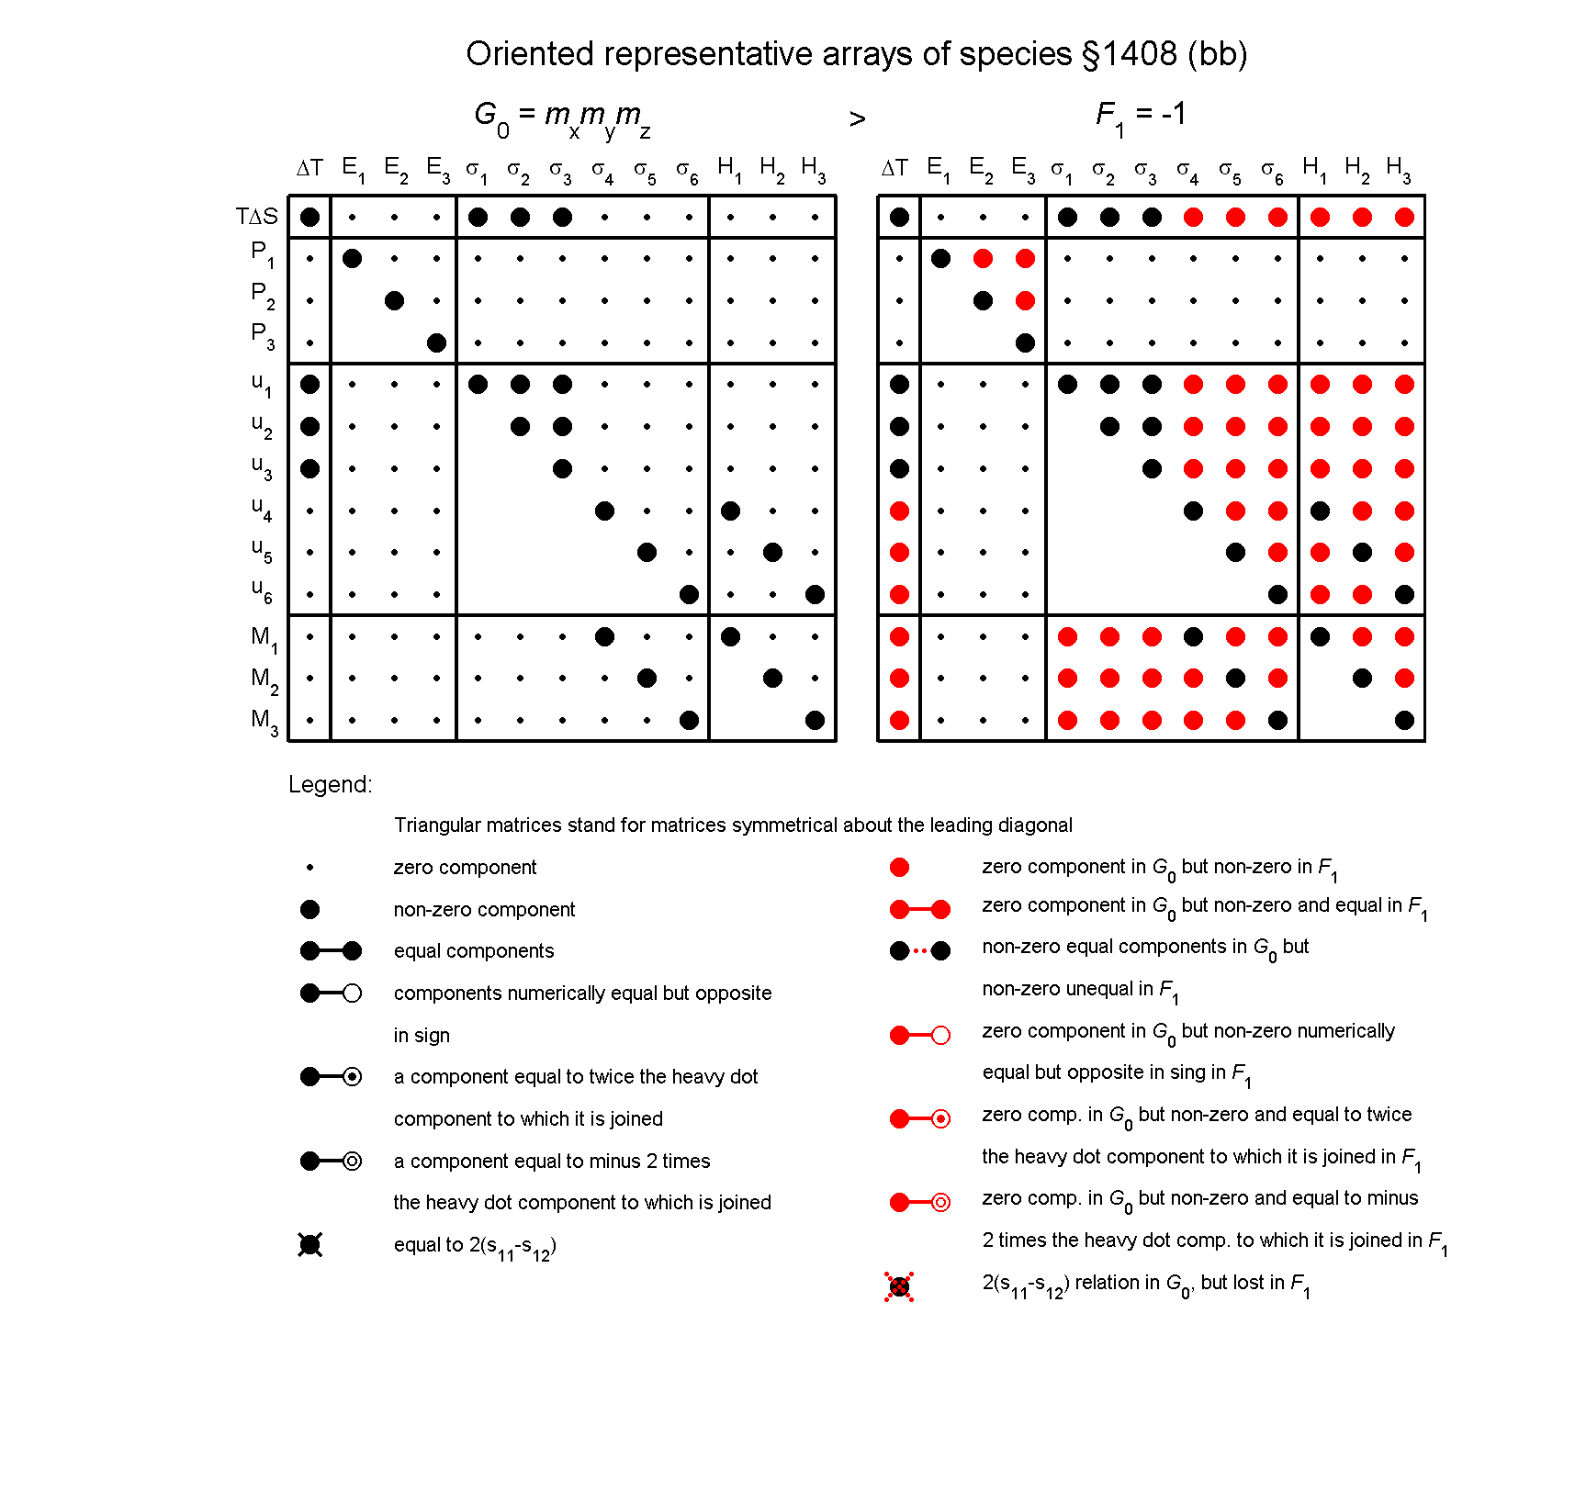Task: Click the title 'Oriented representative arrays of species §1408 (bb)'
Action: click(x=856, y=54)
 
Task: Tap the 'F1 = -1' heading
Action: click(x=1141, y=115)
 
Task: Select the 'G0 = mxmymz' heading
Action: click(x=562, y=117)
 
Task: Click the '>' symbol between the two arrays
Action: click(x=857, y=119)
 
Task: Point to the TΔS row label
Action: click(x=256, y=217)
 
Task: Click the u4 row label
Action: click(x=262, y=508)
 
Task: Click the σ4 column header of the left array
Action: click(x=602, y=170)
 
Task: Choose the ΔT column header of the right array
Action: click(x=894, y=168)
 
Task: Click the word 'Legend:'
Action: click(x=331, y=784)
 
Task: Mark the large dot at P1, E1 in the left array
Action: click(x=352, y=259)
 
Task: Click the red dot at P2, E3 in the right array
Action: click(x=1025, y=300)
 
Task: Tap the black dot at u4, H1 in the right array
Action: click(x=1320, y=511)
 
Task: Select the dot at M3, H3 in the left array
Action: click(x=815, y=721)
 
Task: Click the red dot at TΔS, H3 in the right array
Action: click(x=1404, y=218)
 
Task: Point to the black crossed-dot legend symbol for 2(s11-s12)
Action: click(x=310, y=1245)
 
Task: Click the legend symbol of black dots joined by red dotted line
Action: click(x=919, y=951)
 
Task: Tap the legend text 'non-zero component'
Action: click(x=484, y=910)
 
